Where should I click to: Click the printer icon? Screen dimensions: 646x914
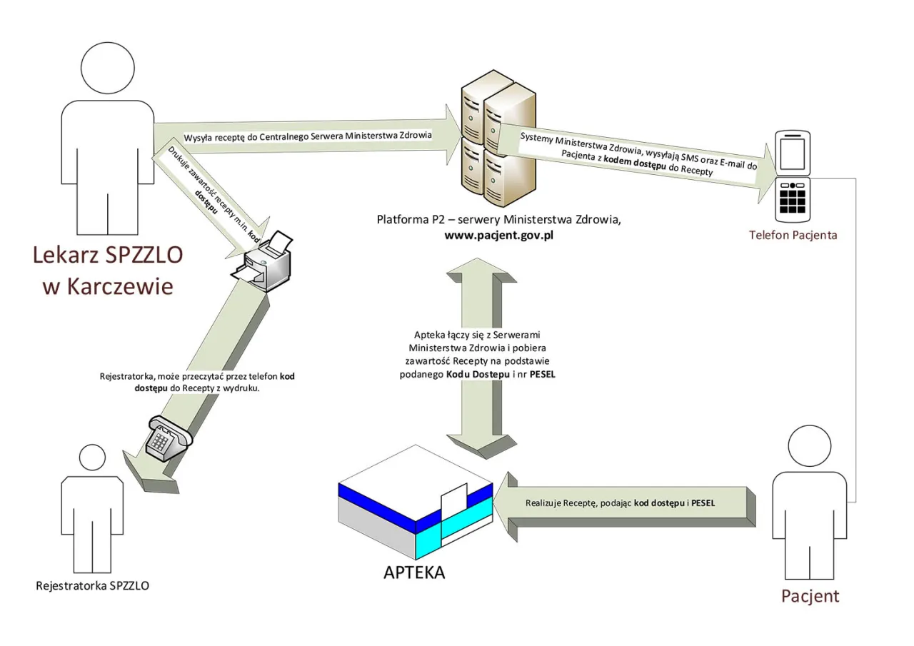point(263,260)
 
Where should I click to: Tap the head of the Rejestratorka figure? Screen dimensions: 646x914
point(93,459)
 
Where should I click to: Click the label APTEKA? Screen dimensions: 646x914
point(414,572)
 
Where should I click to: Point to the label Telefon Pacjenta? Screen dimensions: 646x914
point(792,235)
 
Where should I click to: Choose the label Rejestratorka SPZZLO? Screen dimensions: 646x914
point(93,587)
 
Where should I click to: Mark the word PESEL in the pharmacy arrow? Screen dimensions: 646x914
point(703,503)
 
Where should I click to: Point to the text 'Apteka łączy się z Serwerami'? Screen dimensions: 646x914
point(478,335)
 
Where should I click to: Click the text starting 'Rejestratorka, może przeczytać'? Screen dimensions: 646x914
point(164,376)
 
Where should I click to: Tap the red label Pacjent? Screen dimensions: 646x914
point(810,596)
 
